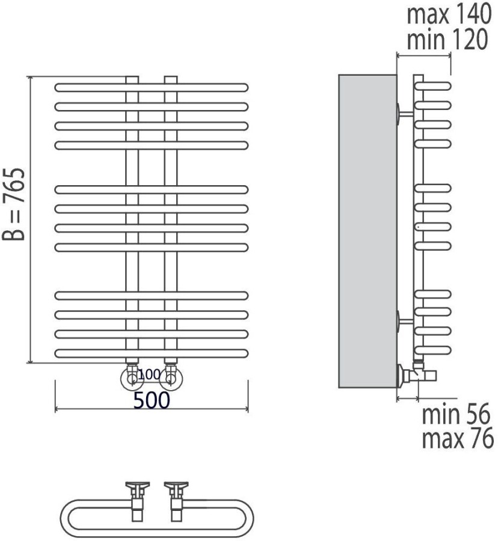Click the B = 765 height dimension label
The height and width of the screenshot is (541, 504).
click(14, 204)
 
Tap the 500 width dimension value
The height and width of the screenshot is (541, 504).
click(152, 400)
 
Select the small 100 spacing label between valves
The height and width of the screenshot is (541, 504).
click(149, 374)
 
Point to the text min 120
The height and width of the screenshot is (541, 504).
click(447, 39)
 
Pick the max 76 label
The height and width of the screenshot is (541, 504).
click(458, 438)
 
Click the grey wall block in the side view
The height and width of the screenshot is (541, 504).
click(367, 231)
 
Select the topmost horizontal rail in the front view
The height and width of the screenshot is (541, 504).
click(152, 87)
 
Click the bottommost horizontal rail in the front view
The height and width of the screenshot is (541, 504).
click(152, 353)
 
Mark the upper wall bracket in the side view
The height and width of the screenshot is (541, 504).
click(405, 114)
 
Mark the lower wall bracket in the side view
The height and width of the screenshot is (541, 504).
click(405, 321)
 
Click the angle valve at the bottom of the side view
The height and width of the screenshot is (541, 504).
click(416, 375)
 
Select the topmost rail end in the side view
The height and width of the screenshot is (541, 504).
click(433, 86)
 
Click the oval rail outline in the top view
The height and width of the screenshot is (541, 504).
click(157, 518)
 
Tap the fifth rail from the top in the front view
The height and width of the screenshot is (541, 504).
click(152, 189)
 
